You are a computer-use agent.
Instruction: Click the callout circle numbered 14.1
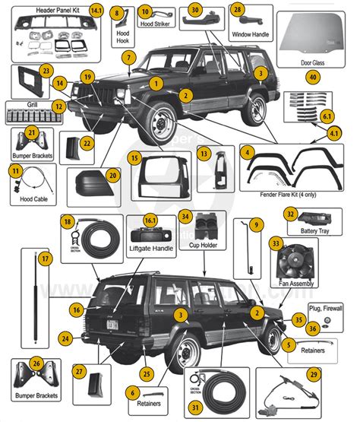tap(96, 11)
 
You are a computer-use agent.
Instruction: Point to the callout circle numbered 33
tap(276, 243)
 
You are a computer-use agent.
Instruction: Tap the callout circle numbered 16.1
tap(152, 221)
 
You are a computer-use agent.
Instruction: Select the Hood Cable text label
tap(24, 204)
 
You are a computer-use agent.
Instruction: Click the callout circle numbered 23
tap(46, 71)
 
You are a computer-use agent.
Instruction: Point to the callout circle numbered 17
tap(46, 259)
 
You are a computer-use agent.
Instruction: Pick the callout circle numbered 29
tap(335, 375)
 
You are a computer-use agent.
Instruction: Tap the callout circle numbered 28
tap(238, 10)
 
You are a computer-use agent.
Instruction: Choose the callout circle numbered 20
tap(112, 175)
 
